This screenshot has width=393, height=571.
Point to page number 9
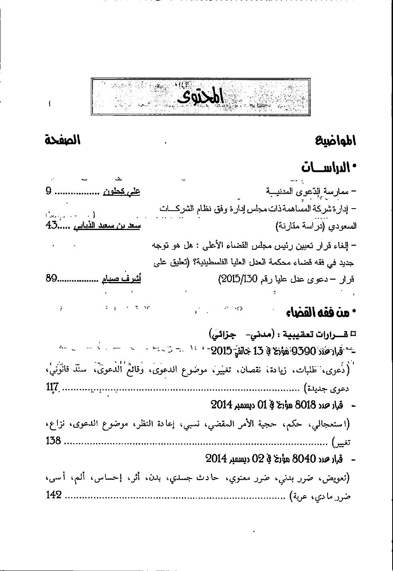pyautogui.click(x=49, y=191)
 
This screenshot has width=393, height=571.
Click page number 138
pyautogui.click(x=53, y=441)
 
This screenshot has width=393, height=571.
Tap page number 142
pyautogui.click(x=54, y=494)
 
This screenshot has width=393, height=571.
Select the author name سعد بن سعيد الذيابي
pyautogui.click(x=107, y=226)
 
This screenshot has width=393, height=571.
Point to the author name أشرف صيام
pyautogui.click(x=121, y=278)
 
